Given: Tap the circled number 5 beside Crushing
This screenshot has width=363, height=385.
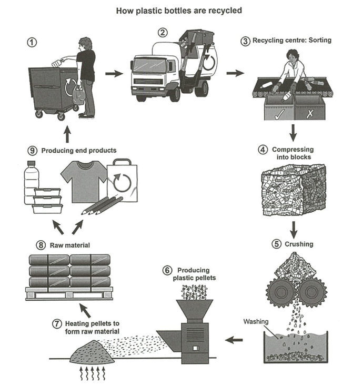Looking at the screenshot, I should pyautogui.click(x=276, y=244).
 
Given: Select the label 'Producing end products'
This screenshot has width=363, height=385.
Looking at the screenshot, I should pyautogui.click(x=79, y=151).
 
